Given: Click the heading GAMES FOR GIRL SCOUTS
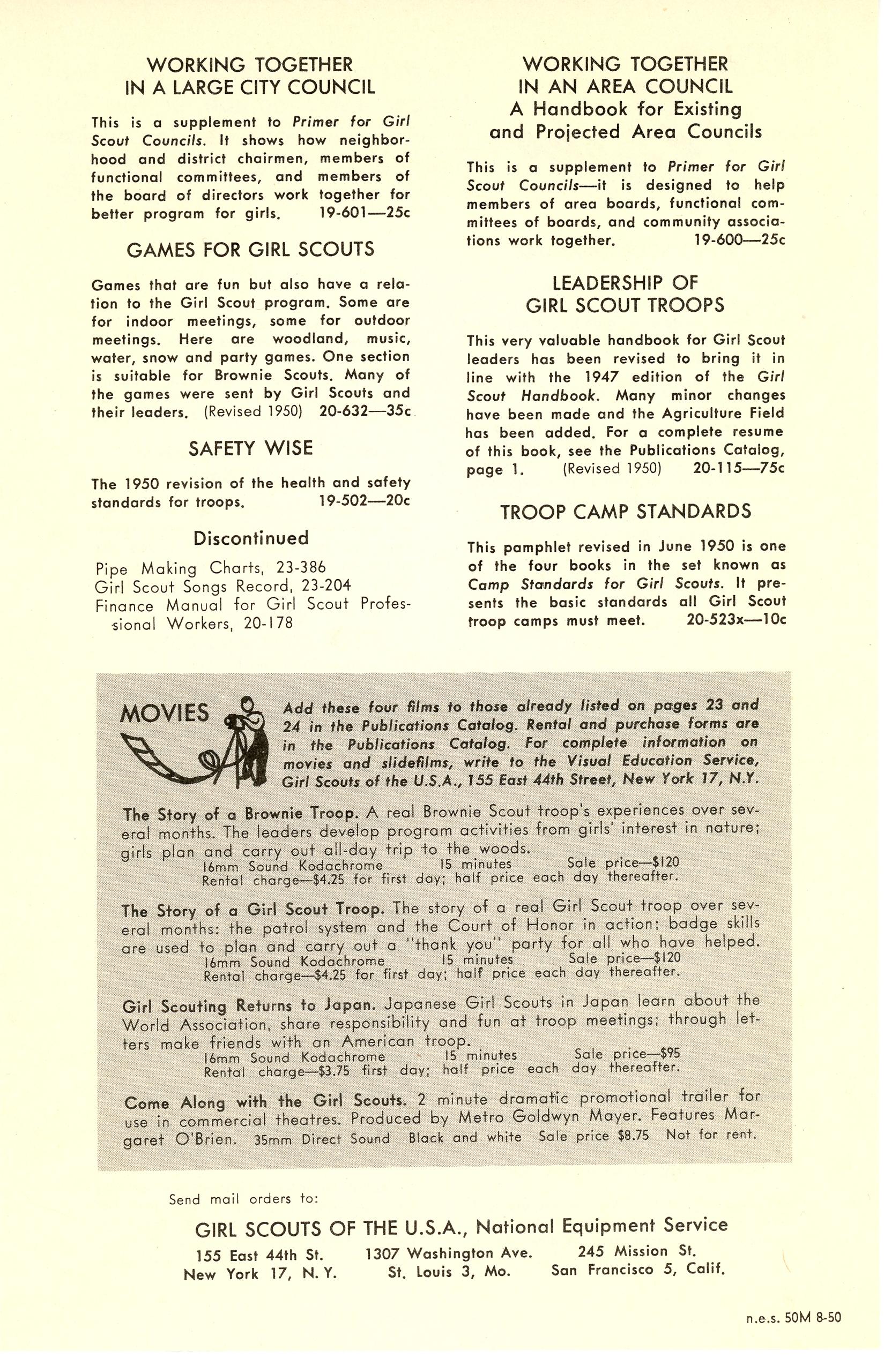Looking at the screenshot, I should click(x=250, y=250).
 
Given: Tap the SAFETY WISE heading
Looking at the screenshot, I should click(x=251, y=448).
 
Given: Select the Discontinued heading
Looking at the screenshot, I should click(x=251, y=538).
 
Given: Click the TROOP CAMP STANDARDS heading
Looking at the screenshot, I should click(x=626, y=512).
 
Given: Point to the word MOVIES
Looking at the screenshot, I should click(x=165, y=713).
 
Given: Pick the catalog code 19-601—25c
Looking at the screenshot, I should click(x=365, y=214).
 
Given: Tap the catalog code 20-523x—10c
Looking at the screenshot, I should click(x=736, y=620).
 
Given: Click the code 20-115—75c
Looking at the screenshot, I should click(x=739, y=468).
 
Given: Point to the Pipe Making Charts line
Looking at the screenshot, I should click(x=211, y=568).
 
